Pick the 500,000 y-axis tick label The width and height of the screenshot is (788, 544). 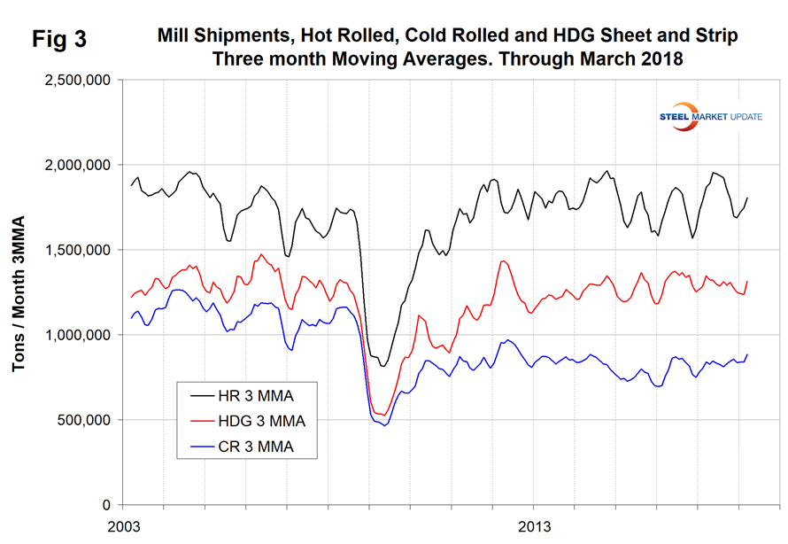(85, 420)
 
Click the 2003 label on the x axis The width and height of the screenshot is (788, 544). (124, 528)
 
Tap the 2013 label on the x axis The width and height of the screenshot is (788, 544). (535, 528)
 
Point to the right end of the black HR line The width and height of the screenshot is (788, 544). (747, 198)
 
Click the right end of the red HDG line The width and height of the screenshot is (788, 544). (747, 282)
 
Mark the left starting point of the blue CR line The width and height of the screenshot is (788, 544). (131, 318)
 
